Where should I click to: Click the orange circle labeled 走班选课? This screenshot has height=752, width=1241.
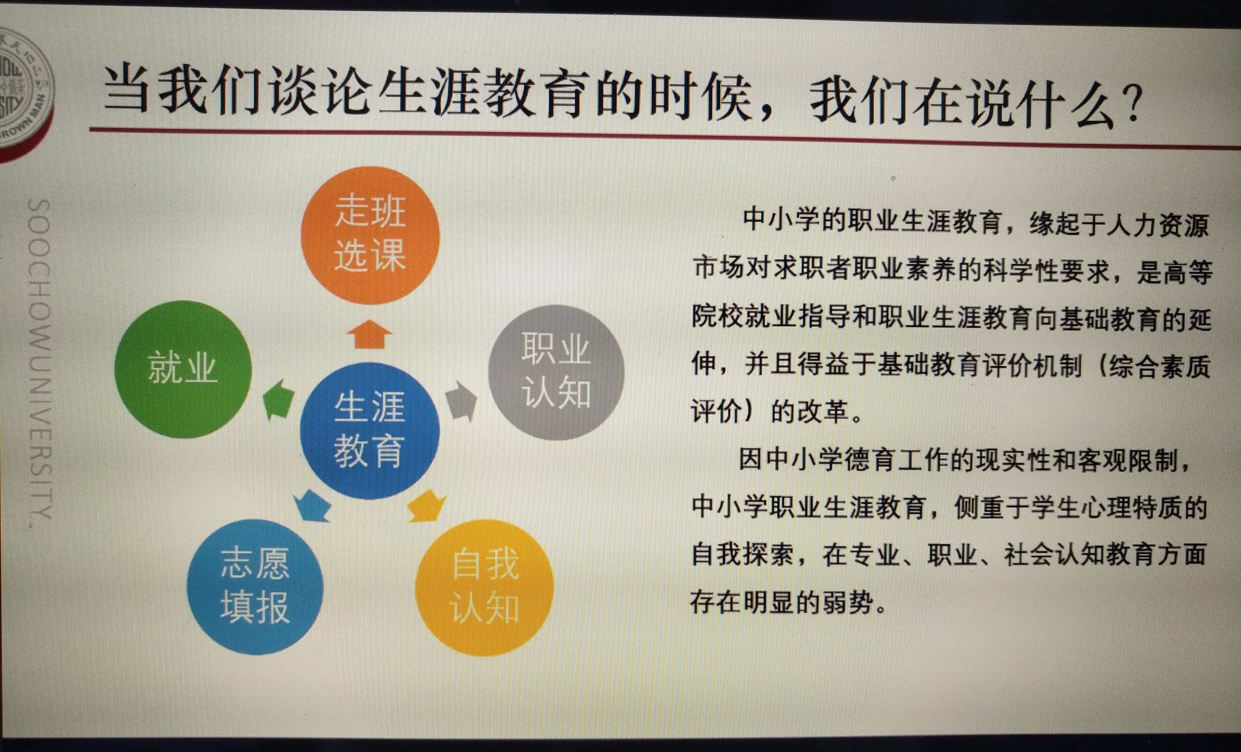(370, 235)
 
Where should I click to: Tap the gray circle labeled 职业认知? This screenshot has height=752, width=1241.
(556, 372)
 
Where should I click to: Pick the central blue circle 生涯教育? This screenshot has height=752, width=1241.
(369, 430)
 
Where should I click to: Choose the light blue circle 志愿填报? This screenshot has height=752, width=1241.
(255, 587)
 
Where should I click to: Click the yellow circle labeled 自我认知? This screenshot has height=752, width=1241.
(485, 588)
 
